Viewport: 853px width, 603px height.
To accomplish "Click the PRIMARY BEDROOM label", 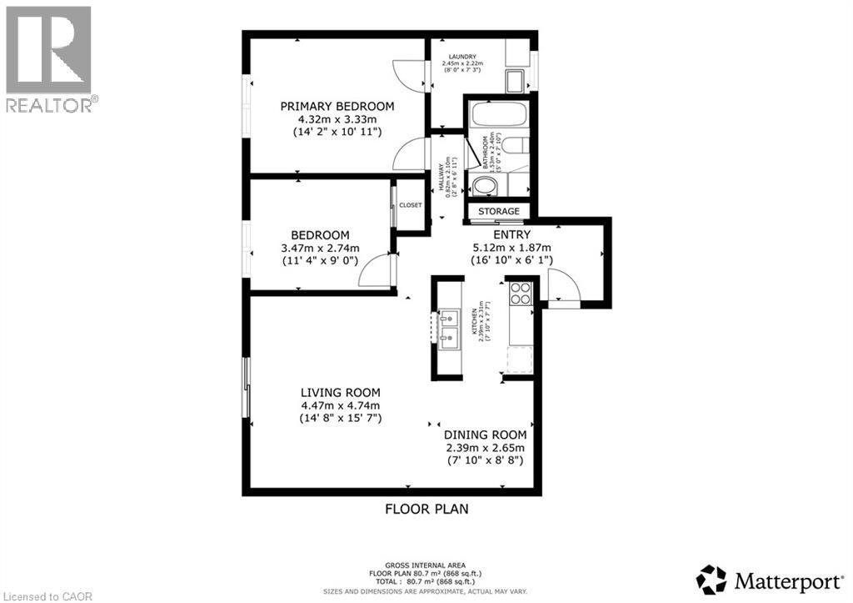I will coord(337,106).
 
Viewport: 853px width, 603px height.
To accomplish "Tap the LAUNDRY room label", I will coord(462,57).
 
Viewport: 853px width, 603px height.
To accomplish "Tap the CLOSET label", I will coord(411,204).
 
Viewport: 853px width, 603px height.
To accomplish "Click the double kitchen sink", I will coord(448,327).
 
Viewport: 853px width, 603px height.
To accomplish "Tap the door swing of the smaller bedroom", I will coord(376,271).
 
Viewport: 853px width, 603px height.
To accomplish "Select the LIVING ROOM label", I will coord(341,392).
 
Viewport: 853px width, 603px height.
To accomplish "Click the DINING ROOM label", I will coord(485,435).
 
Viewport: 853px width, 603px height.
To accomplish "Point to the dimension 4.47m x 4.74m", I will coord(341,405).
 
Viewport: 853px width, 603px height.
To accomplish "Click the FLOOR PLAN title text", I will coord(427,508).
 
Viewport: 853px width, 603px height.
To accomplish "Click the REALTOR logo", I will coord(49,58).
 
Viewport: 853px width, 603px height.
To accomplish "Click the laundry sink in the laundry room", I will coord(515,82).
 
